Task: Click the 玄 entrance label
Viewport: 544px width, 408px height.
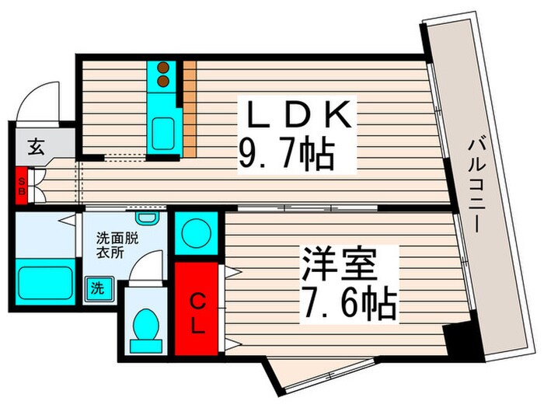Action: (36, 145)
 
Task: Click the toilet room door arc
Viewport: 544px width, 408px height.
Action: (144, 272)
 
